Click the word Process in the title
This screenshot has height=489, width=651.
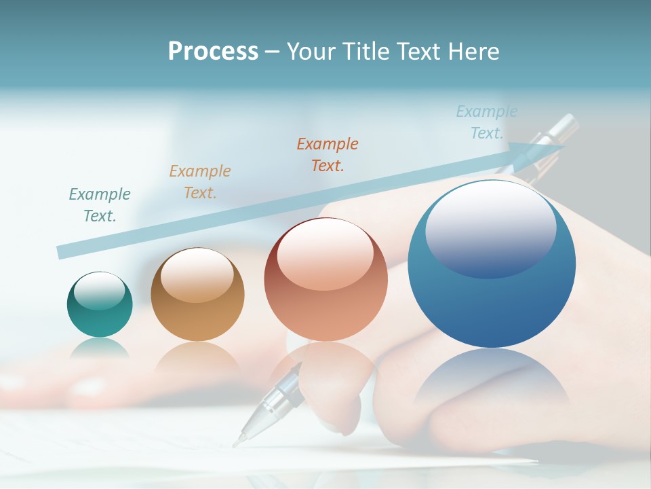pos(213,52)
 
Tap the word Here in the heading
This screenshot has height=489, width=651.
pos(473,52)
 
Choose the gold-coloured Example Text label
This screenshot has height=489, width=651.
pos(200,182)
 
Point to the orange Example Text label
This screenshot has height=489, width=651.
pos(328,154)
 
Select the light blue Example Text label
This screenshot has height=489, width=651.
pos(487,122)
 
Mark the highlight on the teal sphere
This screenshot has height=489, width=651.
pos(100,291)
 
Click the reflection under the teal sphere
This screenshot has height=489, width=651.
pos(100,350)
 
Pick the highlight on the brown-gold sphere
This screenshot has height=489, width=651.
pos(197,275)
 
